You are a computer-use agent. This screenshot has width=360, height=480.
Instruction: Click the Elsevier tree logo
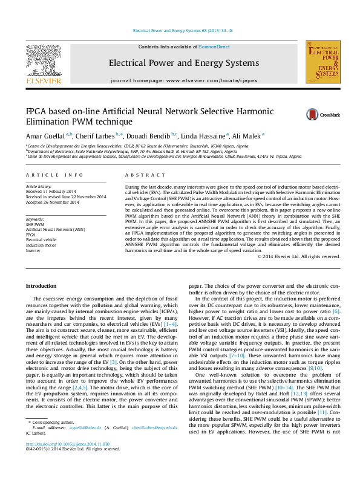[x=43, y=60]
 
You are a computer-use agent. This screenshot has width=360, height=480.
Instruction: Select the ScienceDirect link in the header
[x=214, y=47]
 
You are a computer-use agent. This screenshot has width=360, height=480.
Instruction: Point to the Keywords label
[x=35, y=219]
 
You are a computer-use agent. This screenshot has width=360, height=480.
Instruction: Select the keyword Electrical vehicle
[x=42, y=239]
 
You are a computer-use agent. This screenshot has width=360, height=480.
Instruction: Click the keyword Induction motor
[x=40, y=244]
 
